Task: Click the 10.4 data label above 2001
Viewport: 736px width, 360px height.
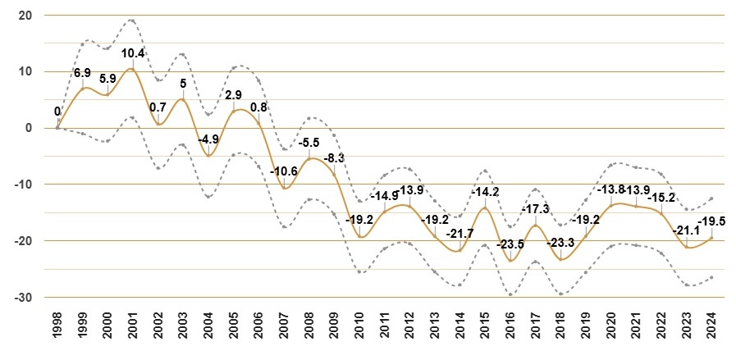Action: tap(133, 53)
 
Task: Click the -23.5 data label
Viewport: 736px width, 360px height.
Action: tap(510, 244)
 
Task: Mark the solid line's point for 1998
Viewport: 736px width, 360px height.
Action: tap(57, 128)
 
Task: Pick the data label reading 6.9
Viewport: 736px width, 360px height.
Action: tap(83, 73)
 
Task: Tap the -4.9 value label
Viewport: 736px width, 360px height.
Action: tap(208, 140)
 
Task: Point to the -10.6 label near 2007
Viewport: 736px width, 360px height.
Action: tap(284, 171)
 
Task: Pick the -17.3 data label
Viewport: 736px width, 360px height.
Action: tap(536, 209)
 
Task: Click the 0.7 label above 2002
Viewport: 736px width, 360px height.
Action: tap(158, 107)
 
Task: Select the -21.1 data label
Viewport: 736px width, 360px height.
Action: tap(686, 230)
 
